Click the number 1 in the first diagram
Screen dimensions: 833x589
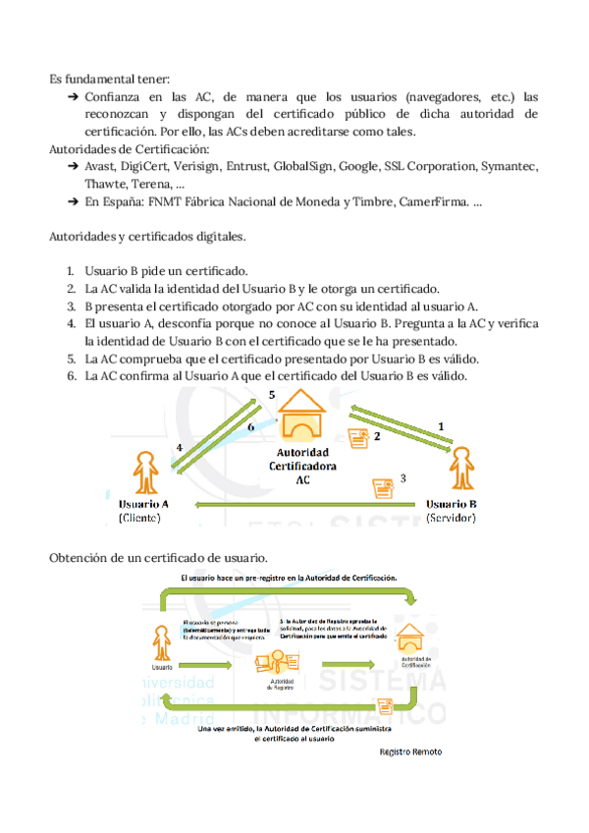pos(441,425)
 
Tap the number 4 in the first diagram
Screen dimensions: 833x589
pos(179,448)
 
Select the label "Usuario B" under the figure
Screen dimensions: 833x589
pos(452,503)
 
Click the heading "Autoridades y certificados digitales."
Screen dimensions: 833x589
pos(147,236)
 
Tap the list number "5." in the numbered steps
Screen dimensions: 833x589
pos(72,359)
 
